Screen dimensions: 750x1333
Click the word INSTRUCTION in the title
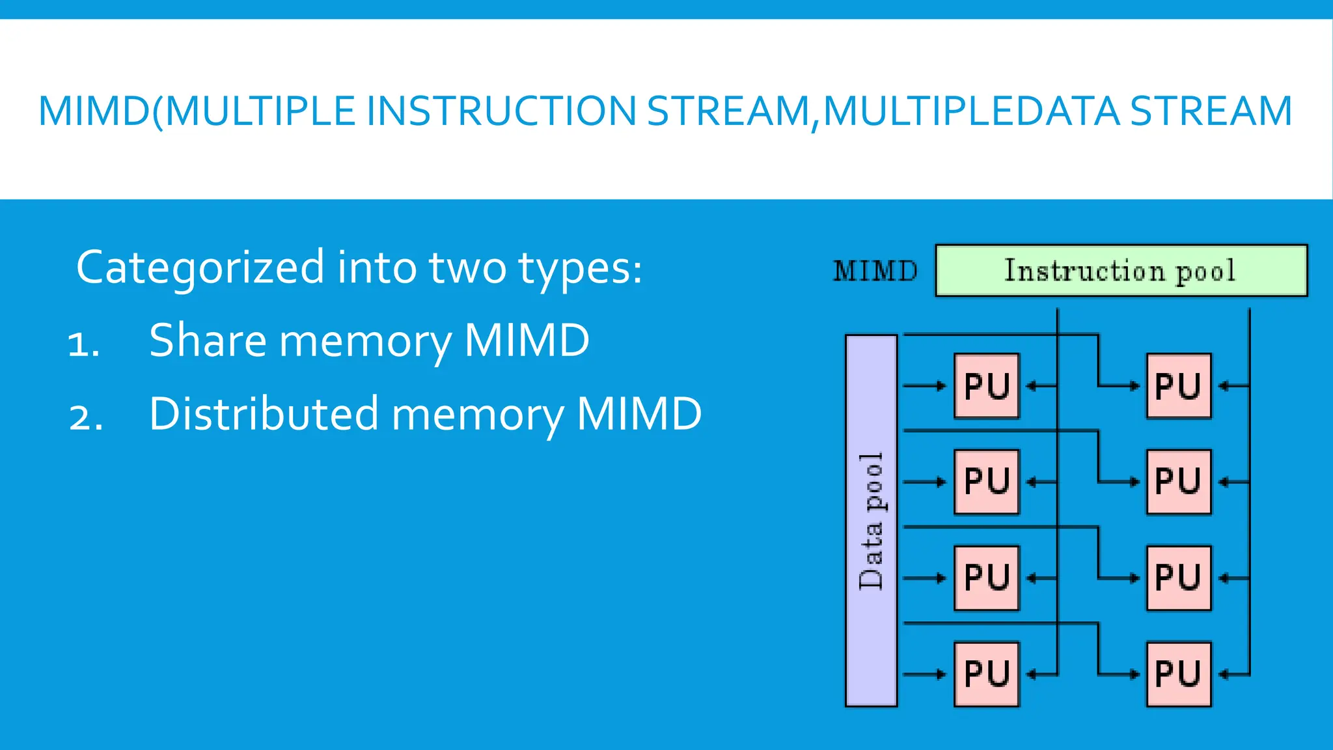click(501, 111)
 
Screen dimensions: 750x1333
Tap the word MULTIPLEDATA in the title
click(971, 111)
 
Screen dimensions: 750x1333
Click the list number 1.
click(83, 343)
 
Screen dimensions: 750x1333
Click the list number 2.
click(85, 417)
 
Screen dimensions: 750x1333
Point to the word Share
click(208, 340)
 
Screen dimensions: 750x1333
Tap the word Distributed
click(264, 413)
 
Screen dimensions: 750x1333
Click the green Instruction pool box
click(1121, 271)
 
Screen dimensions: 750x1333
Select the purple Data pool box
click(871, 521)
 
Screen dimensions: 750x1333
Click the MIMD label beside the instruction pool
click(875, 271)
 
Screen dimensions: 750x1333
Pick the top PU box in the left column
click(986, 386)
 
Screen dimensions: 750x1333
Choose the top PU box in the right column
click(1178, 386)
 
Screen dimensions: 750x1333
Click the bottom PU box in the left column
click(986, 674)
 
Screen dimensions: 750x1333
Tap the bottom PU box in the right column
click(1178, 674)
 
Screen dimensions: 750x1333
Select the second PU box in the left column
click(986, 482)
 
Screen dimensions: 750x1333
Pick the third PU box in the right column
click(1178, 578)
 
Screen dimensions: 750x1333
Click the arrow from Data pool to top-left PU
click(924, 386)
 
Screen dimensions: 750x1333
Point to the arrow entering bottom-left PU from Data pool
click(924, 674)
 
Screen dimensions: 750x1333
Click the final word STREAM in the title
click(1211, 111)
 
